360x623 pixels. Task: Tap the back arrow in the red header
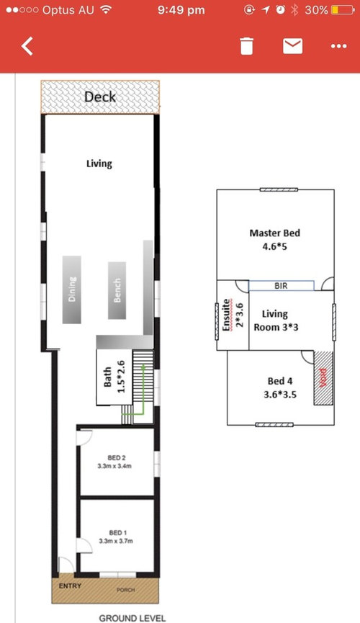pyautogui.click(x=27, y=46)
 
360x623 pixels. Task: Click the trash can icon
pyautogui.click(x=246, y=45)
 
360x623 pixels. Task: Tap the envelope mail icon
pyautogui.click(x=292, y=46)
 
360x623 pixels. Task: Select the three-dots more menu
pyautogui.click(x=338, y=47)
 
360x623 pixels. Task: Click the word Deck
pyautogui.click(x=100, y=97)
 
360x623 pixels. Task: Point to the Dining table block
pyautogui.click(x=72, y=290)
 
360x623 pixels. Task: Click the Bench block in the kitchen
pyautogui.click(x=117, y=290)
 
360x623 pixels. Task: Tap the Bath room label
pyautogui.click(x=107, y=377)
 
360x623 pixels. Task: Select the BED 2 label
pyautogui.click(x=117, y=458)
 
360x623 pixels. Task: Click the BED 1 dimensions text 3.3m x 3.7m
pyautogui.click(x=116, y=541)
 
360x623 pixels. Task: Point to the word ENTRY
pyautogui.click(x=70, y=586)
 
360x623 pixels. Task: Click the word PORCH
pyautogui.click(x=125, y=590)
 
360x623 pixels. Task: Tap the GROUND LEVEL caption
pyautogui.click(x=132, y=618)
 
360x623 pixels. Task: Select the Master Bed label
pyautogui.click(x=274, y=233)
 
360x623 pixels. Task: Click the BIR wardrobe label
pyautogui.click(x=281, y=286)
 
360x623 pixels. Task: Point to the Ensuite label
pyautogui.click(x=225, y=315)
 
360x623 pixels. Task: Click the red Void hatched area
pyautogui.click(x=323, y=378)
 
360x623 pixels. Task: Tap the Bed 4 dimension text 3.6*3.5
pyautogui.click(x=280, y=395)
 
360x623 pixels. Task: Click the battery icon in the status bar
pyautogui.click(x=342, y=10)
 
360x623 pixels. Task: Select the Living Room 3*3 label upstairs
pyautogui.click(x=276, y=321)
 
